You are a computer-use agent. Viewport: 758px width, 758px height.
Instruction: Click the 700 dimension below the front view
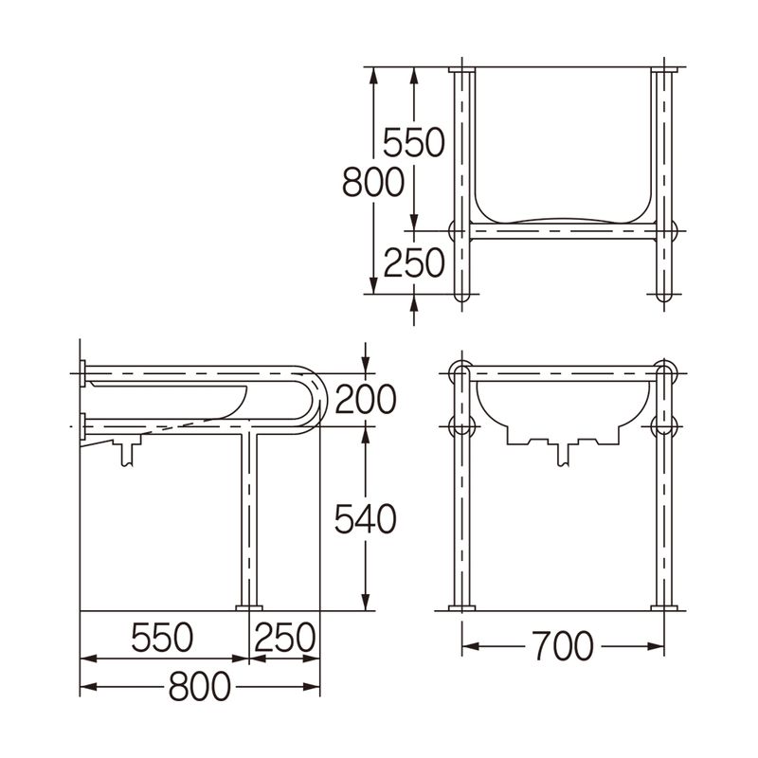point(563,645)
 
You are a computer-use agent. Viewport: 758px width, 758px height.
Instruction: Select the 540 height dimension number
point(365,518)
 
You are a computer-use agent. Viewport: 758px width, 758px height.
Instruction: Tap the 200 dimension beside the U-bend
point(366,399)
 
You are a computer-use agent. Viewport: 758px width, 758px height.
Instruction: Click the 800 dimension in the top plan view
point(372,182)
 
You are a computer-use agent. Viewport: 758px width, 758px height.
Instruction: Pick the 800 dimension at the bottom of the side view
point(200,686)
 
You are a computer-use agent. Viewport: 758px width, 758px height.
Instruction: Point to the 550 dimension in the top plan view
point(413,142)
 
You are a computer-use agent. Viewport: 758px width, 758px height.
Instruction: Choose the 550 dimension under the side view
point(162,637)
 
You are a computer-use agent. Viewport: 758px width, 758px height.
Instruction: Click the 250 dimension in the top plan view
point(413,262)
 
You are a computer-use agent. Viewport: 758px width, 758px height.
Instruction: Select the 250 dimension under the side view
point(285,637)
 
